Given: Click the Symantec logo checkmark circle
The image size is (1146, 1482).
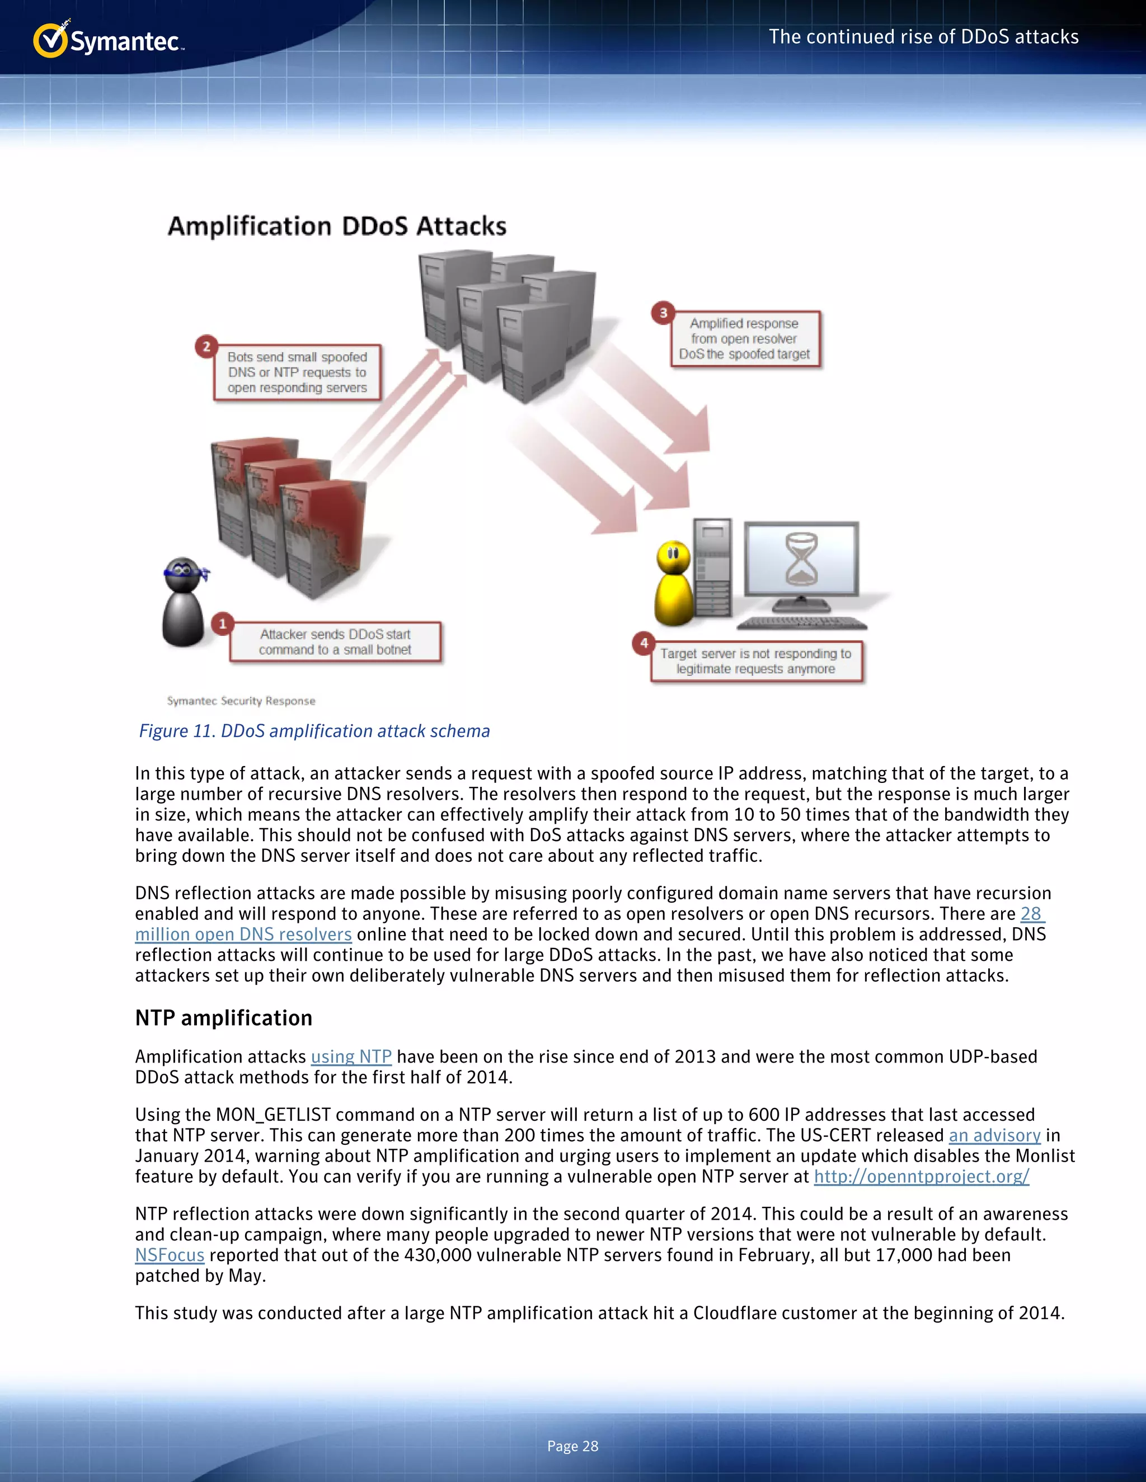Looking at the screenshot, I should pyautogui.click(x=50, y=41).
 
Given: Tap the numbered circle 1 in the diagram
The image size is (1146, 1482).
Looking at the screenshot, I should pyautogui.click(x=222, y=624).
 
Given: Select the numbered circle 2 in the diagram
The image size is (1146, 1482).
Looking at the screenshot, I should pyautogui.click(x=206, y=346).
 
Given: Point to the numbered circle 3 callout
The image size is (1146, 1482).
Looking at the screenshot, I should pyautogui.click(x=663, y=313).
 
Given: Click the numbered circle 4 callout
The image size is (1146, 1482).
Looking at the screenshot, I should pyautogui.click(x=644, y=643).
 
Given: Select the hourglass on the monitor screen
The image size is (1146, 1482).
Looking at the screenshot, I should pyautogui.click(x=801, y=559).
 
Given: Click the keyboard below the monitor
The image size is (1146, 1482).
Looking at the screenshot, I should pyautogui.click(x=802, y=623).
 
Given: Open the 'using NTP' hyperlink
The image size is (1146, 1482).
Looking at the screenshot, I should pyautogui.click(x=351, y=1056).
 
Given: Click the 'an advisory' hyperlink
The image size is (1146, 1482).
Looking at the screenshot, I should pyautogui.click(x=994, y=1135).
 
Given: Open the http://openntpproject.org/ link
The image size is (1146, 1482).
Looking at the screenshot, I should pyautogui.click(x=921, y=1176).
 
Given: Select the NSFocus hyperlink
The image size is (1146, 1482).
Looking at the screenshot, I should pyautogui.click(x=170, y=1255).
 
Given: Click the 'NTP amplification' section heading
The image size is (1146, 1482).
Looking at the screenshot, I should pyautogui.click(x=223, y=1018).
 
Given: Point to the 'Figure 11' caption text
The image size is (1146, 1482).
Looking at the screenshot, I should pyautogui.click(x=314, y=731).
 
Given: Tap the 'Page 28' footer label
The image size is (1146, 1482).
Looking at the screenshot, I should pyautogui.click(x=572, y=1446).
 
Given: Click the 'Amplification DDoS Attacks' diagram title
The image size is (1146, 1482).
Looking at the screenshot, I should pyautogui.click(x=337, y=226).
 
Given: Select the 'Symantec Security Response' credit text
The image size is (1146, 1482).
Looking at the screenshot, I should pyautogui.click(x=241, y=701).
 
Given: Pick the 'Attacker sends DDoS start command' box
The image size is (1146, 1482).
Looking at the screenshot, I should pyautogui.click(x=335, y=642).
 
